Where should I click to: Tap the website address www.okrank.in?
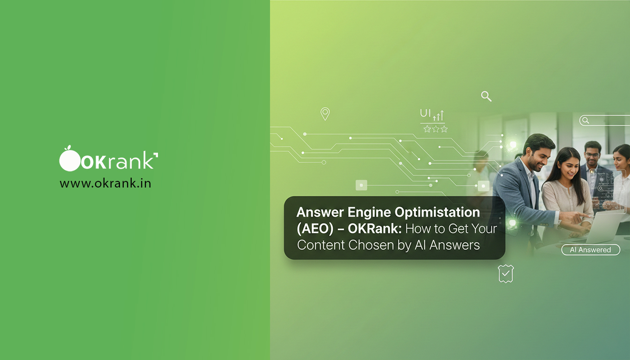(105, 183)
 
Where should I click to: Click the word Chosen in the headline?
(370, 245)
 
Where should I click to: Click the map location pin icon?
(325, 113)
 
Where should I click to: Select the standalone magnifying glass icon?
(486, 96)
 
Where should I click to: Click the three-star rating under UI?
(435, 129)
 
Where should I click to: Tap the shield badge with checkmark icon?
(505, 273)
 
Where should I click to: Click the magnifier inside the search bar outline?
(585, 120)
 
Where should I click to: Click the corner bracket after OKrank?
(156, 155)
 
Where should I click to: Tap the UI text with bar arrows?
(432, 114)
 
